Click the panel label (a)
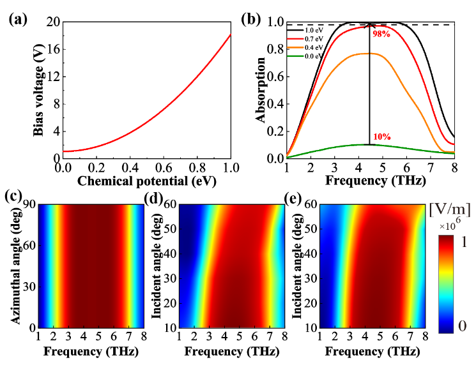pos(17,19)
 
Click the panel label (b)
pos(251,19)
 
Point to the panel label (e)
pos(294,195)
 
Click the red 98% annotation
pos(381,34)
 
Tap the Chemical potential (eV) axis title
pos(146,181)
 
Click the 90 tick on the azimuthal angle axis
pos(27,206)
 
